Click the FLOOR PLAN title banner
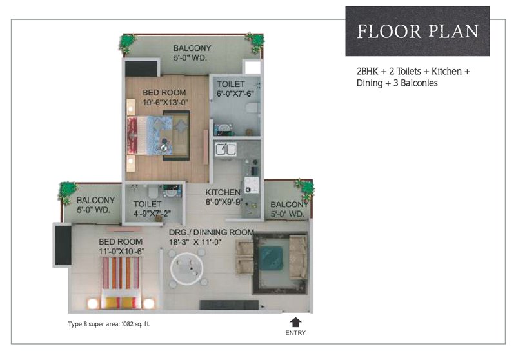click(x=417, y=31)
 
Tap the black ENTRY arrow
click(x=295, y=322)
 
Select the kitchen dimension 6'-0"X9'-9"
click(x=224, y=202)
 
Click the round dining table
click(x=187, y=268)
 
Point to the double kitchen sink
click(x=226, y=150)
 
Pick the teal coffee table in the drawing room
click(x=270, y=258)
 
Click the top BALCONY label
click(x=192, y=48)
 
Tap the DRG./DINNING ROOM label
click(x=212, y=232)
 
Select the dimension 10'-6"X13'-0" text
click(x=165, y=103)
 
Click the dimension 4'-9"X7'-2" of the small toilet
click(x=152, y=214)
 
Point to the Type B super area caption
click(x=109, y=324)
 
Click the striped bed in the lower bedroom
click(x=121, y=283)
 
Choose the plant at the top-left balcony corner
click(x=127, y=43)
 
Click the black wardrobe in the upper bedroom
click(x=141, y=68)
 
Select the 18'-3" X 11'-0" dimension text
click(x=195, y=242)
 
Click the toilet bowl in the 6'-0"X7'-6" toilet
click(x=253, y=108)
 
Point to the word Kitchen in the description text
click(x=446, y=72)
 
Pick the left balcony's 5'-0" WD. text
click(x=94, y=210)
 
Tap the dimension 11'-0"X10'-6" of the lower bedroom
click(x=121, y=252)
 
